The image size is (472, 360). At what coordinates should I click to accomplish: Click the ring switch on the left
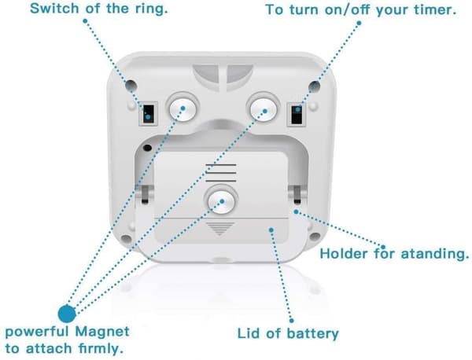pyautogui.click(x=149, y=114)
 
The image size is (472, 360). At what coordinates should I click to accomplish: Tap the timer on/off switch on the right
pyautogui.click(x=297, y=114)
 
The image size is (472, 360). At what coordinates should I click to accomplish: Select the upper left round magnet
pyautogui.click(x=183, y=108)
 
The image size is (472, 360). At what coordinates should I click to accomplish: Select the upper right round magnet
pyautogui.click(x=263, y=108)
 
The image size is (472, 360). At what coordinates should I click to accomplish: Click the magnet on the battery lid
pyautogui.click(x=221, y=201)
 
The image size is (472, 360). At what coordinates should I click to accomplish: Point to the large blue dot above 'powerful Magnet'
pyautogui.click(x=67, y=314)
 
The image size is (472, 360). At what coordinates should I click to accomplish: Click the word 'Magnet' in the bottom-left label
pyautogui.click(x=102, y=332)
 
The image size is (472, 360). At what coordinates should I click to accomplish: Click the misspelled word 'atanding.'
pyautogui.click(x=435, y=254)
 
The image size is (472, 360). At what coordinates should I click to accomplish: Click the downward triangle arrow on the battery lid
pyautogui.click(x=220, y=229)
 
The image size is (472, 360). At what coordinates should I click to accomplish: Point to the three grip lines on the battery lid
pyautogui.click(x=220, y=173)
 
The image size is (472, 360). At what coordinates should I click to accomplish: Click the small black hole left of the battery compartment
pyautogui.click(x=147, y=148)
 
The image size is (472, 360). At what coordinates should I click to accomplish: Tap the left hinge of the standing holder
pyautogui.click(x=145, y=194)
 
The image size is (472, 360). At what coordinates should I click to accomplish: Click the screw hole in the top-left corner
pyautogui.click(x=131, y=86)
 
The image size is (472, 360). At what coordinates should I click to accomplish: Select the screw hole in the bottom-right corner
pyautogui.click(x=315, y=237)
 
